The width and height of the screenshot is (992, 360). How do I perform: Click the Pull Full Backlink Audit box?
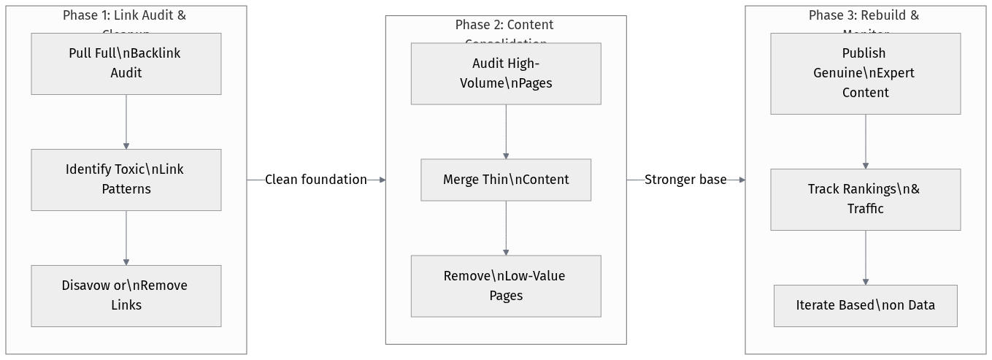pos(126,64)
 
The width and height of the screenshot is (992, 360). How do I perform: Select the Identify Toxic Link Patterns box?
pos(126,180)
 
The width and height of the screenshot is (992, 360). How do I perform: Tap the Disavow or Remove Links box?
pos(126,296)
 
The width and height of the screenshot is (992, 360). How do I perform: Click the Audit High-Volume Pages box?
pos(506,73)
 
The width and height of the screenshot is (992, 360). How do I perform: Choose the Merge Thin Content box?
pos(506,180)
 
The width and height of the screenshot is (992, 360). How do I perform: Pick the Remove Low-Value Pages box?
pos(506,286)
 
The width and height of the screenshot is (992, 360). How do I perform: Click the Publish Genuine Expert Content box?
pos(865,73)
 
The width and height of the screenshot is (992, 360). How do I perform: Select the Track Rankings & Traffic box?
pos(865,199)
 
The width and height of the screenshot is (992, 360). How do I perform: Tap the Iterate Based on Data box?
pos(865,305)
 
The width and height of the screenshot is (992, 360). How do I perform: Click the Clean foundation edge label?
pos(315,180)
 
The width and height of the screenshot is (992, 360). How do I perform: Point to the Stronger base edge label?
pos(685,180)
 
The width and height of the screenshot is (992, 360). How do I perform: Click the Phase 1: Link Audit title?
pos(124,16)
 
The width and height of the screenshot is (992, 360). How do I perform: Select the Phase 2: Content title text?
pos(504,26)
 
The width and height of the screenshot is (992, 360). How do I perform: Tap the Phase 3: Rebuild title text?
pos(864,16)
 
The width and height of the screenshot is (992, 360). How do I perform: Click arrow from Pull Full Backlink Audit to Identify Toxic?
pos(126,122)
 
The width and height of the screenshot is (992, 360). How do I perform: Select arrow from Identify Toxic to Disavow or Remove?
pos(126,238)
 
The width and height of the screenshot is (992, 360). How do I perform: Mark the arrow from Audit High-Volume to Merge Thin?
pos(506,131)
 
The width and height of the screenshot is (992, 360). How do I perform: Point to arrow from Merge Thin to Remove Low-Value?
pos(506,228)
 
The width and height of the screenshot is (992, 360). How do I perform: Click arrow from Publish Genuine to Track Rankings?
pos(866,142)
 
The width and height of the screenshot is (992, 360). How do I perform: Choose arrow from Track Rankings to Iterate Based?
pos(866,258)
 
